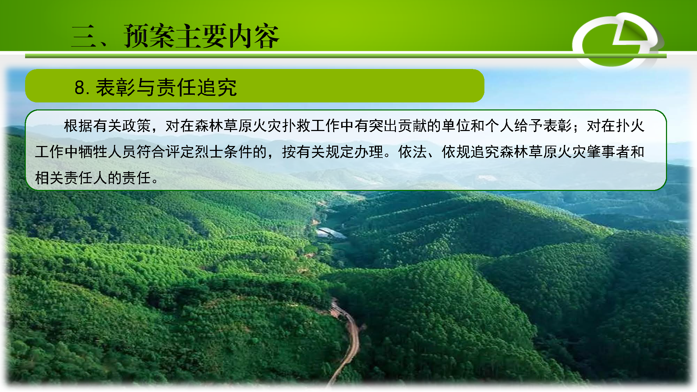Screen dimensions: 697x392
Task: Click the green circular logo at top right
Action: click(617, 40)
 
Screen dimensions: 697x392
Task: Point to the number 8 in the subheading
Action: click(79, 87)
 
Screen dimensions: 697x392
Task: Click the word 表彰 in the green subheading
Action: click(115, 87)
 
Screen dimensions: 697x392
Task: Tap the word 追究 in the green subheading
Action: click(217, 87)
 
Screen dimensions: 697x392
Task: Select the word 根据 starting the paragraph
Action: click(78, 126)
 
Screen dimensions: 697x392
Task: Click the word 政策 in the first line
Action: click(136, 126)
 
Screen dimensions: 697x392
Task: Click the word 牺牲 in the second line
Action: click(93, 152)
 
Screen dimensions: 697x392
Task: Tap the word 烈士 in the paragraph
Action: click(209, 152)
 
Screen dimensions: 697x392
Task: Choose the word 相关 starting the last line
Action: click(49, 178)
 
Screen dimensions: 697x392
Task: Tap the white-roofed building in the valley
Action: click(331, 234)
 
